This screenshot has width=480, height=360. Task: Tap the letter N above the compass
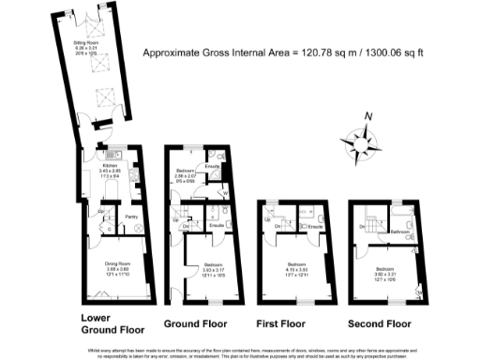click(x=368, y=116)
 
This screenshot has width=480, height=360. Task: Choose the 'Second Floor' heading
click(x=380, y=323)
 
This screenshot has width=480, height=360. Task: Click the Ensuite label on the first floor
click(x=317, y=227)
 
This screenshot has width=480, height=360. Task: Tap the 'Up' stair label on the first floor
click(x=267, y=219)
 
